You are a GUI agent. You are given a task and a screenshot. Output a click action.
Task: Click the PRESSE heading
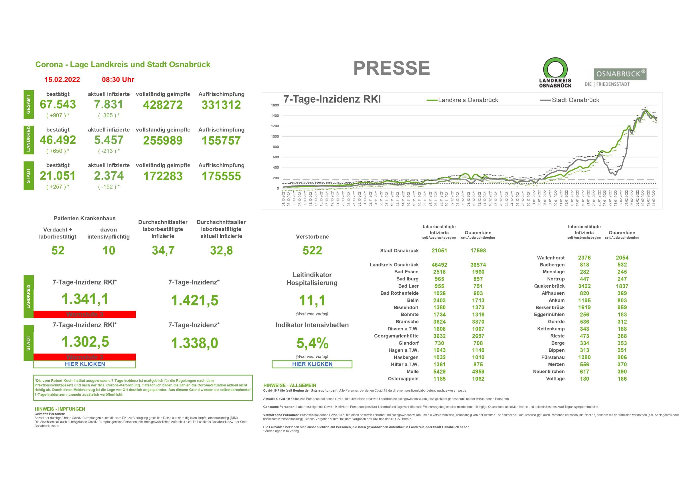click(x=391, y=68)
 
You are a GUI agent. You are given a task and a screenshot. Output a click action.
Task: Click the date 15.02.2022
click(x=62, y=80)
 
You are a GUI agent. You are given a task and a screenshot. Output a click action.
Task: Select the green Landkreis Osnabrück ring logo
click(x=555, y=73)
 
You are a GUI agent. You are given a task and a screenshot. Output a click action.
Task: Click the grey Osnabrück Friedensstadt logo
click(x=616, y=77)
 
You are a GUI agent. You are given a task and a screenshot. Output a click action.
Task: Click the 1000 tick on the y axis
click(x=275, y=136)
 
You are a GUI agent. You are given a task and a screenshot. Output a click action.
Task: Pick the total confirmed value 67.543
click(x=58, y=105)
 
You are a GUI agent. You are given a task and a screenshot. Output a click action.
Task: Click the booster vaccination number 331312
click(x=221, y=105)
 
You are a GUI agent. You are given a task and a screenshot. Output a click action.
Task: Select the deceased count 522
click(x=312, y=250)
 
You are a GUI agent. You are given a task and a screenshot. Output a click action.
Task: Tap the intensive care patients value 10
click(x=108, y=250)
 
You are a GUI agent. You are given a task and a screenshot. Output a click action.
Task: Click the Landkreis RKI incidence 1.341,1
click(x=85, y=299)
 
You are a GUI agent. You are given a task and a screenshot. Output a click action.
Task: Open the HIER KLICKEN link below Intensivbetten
click(x=312, y=364)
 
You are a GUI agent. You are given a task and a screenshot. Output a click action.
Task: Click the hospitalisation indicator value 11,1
click(x=312, y=300)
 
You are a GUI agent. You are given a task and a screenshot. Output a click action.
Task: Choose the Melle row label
click(x=412, y=372)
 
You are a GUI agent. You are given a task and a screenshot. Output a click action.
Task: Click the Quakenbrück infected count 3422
click(x=584, y=286)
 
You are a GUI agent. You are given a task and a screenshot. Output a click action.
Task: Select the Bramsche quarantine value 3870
click(x=478, y=322)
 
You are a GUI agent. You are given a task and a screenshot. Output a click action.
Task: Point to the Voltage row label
click(x=555, y=379)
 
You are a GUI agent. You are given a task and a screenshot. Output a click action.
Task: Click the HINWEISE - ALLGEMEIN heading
click(x=290, y=386)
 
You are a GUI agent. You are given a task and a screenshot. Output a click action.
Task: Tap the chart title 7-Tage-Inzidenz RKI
click(x=332, y=99)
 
